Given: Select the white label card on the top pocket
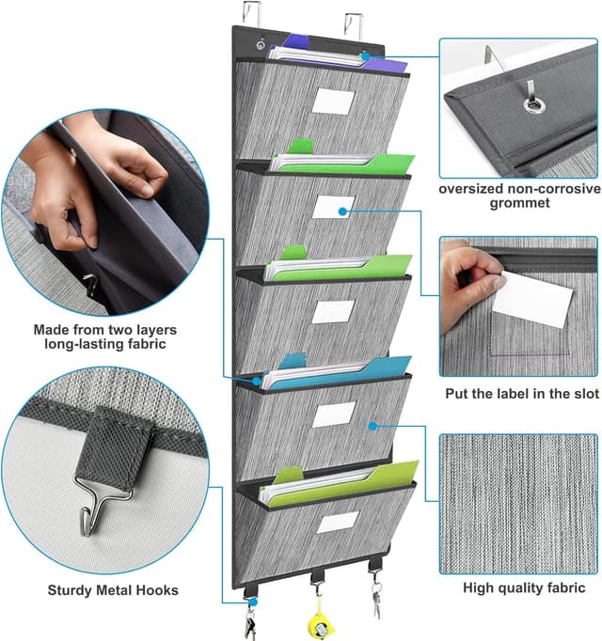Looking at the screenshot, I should (333, 102).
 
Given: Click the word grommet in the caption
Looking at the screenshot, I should (519, 204).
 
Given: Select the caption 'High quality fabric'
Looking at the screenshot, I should (523, 588).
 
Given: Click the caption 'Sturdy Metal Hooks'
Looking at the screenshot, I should (101, 591).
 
